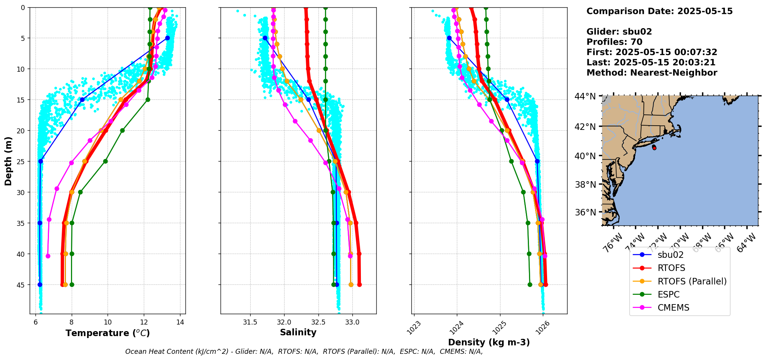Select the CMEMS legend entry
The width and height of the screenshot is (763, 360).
point(673,308)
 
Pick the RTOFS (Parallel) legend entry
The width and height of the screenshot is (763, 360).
point(692,281)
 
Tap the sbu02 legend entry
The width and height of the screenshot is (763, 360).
point(670,255)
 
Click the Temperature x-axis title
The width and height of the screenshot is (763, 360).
point(108,333)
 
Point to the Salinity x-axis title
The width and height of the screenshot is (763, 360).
point(298,333)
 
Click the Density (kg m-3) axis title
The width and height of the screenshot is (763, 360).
point(489,342)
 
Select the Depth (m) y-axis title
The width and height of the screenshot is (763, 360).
point(8,161)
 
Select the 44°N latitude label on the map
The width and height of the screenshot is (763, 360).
point(585,96)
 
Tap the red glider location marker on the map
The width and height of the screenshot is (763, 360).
point(654,148)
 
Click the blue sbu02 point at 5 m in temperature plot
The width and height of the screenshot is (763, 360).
point(167,38)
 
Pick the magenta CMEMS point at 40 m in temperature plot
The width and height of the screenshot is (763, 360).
point(48,256)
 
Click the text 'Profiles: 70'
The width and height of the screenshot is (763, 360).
point(614,42)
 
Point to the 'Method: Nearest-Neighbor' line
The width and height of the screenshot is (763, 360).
point(652,73)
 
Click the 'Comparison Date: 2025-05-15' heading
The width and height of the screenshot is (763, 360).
point(659,11)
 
